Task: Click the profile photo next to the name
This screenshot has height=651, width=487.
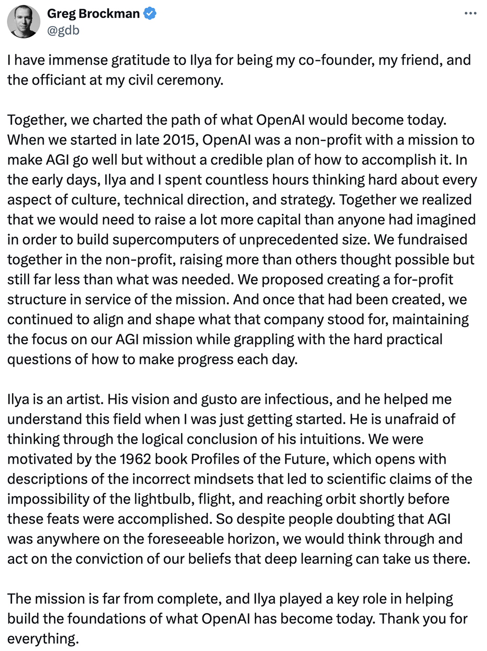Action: click(23, 21)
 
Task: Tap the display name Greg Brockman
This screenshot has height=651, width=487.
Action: click(93, 14)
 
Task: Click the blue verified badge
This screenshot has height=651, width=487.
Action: click(150, 14)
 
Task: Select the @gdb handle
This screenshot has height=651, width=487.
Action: click(63, 30)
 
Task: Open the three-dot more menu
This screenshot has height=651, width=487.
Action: click(470, 13)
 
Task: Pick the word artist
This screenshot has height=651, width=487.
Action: click(82, 399)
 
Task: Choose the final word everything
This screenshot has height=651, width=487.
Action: click(42, 638)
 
